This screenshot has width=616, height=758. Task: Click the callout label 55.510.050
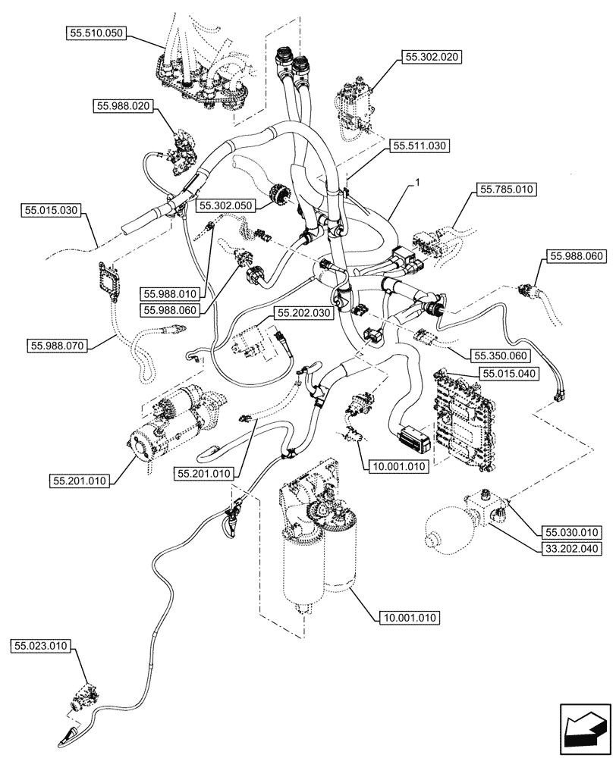(x=96, y=33)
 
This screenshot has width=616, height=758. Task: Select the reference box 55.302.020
(x=433, y=57)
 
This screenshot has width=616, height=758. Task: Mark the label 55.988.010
(x=168, y=293)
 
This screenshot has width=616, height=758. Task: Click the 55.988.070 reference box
(x=58, y=346)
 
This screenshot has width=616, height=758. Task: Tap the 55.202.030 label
(x=303, y=312)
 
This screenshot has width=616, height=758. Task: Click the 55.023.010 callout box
(x=40, y=646)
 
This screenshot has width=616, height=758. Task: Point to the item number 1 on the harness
(x=416, y=183)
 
